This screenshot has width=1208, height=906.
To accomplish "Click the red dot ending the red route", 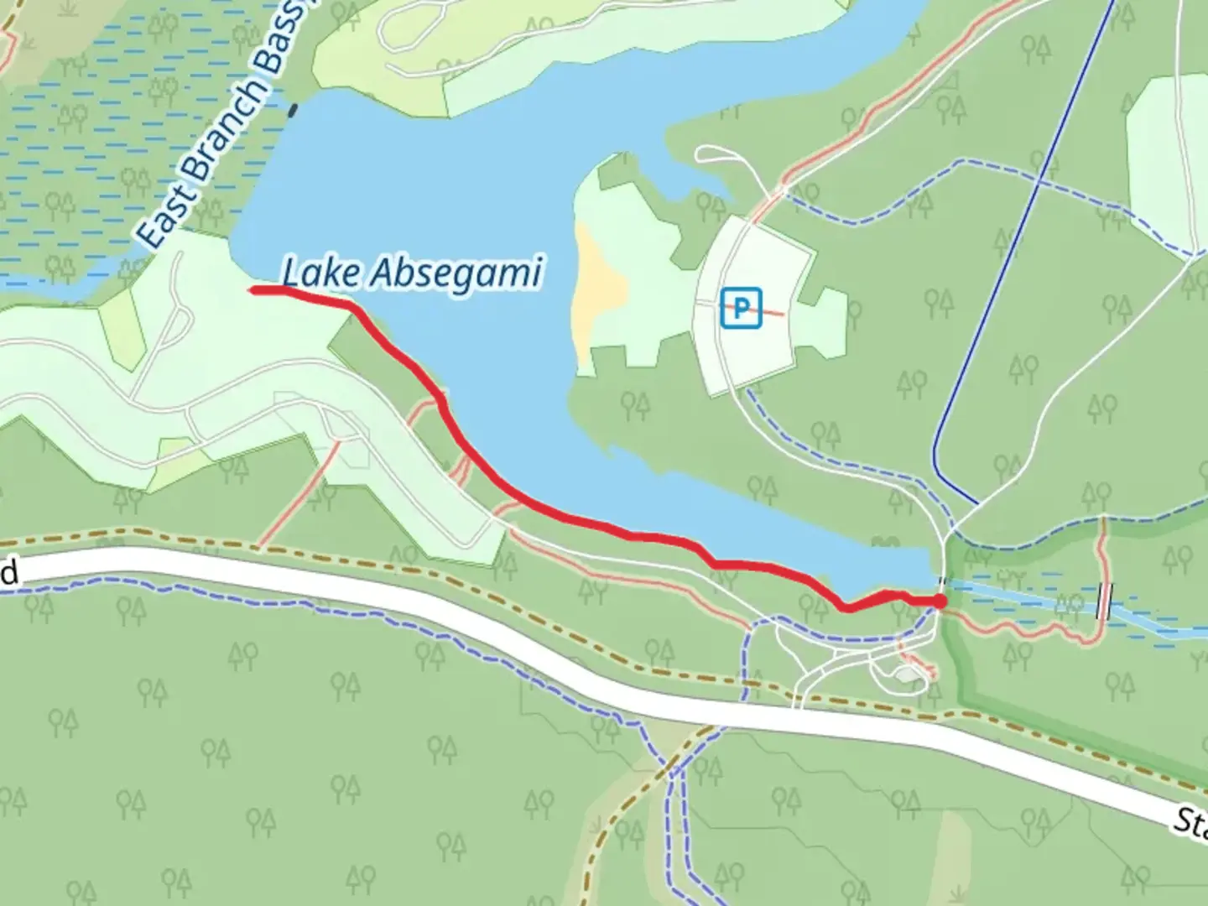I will point(940,601).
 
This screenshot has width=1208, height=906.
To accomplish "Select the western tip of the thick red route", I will point(253,290).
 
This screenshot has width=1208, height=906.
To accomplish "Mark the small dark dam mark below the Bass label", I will point(292,109).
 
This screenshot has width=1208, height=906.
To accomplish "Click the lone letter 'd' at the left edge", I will point(8,575).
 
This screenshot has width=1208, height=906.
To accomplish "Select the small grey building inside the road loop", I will point(906,674).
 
